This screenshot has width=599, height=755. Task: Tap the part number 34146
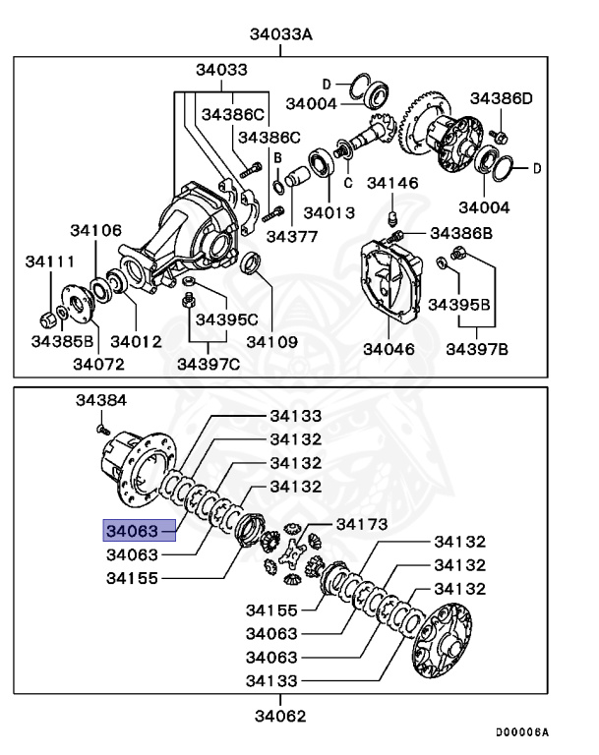[x=392, y=183]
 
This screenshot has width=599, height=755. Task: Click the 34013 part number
[x=329, y=210]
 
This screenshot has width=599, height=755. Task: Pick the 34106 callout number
[x=96, y=230]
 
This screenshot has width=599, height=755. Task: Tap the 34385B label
[x=61, y=341]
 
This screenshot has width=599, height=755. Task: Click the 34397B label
[x=477, y=349]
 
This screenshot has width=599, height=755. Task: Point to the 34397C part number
[x=208, y=365]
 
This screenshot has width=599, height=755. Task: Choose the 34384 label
[x=102, y=401]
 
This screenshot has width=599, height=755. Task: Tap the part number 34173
[x=362, y=523]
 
